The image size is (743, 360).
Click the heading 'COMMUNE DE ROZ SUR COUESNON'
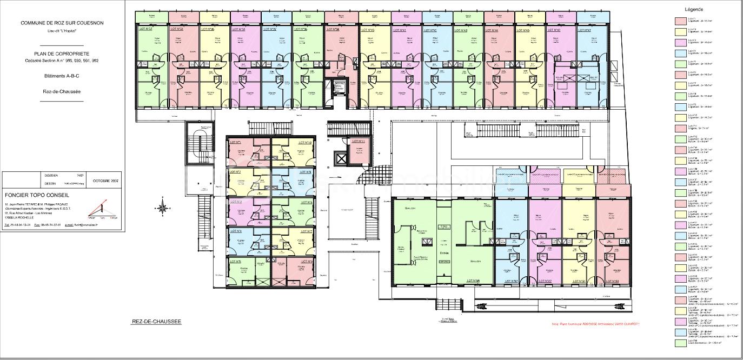click(62, 23)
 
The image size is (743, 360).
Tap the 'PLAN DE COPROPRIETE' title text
click(62, 54)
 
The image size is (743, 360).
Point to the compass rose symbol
click(163, 206)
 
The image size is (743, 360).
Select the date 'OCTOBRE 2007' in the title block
click(105, 180)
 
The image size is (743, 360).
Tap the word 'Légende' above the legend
click(694, 10)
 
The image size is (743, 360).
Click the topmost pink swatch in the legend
click(680, 21)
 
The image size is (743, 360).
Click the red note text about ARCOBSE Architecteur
click(595, 324)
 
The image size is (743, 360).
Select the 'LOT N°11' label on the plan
click(359, 142)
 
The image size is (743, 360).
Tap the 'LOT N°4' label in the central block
click(236, 231)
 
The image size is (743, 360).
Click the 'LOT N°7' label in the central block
click(306, 231)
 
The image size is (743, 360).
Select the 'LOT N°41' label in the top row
click(399, 30)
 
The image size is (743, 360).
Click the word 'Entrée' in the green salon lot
click(445, 252)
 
